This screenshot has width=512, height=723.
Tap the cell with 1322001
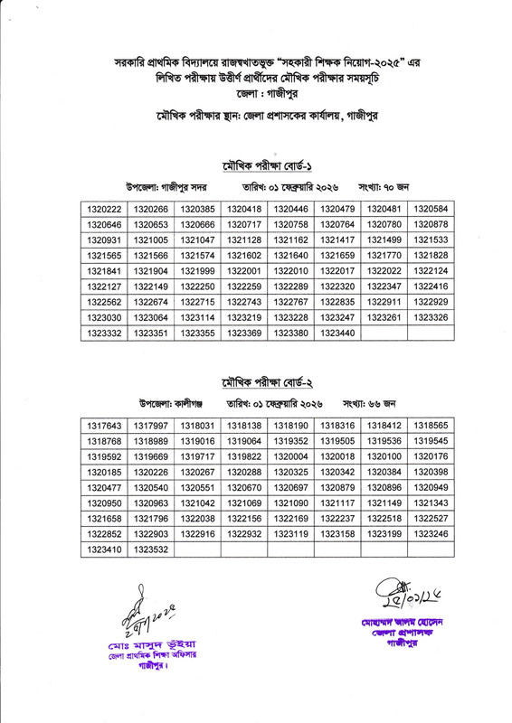(x=244, y=271)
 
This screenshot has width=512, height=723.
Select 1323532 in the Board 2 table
(x=151, y=549)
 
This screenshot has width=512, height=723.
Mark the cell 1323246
(x=432, y=533)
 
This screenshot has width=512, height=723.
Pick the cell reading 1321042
(x=198, y=502)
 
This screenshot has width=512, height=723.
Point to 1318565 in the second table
(x=432, y=425)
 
